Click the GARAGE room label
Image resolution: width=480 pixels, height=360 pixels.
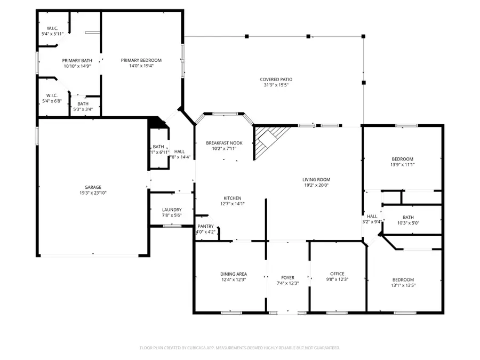tap(93, 187)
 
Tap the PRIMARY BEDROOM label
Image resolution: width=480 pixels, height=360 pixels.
tap(141, 60)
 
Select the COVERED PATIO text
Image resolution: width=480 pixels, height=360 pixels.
tap(276, 79)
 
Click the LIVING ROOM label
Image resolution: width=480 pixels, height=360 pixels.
tap(317, 179)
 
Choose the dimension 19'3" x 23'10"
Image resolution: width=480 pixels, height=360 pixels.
tap(93, 193)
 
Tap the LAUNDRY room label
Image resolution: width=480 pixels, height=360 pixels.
tap(172, 210)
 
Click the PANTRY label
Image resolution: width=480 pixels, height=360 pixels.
tap(205, 226)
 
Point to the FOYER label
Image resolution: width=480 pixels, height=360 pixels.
tap(287, 277)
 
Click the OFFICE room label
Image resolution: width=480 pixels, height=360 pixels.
tap(337, 274)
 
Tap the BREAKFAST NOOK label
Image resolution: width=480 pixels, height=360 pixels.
tap(224, 143)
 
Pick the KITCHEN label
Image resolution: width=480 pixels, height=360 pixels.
tap(232, 198)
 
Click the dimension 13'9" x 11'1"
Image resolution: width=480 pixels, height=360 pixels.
tap(403, 165)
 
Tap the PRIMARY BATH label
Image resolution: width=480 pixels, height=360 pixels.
tap(77, 60)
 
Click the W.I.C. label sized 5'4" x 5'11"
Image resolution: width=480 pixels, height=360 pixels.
tap(52, 28)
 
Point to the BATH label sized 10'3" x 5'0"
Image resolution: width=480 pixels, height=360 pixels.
tap(408, 217)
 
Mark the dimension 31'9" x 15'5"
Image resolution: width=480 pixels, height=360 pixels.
tap(276, 85)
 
